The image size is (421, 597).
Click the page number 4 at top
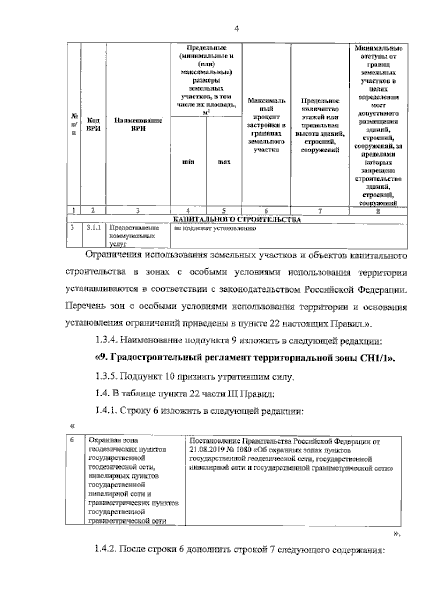click(236, 29)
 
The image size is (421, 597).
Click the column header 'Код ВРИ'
click(93, 125)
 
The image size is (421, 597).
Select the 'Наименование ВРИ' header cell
click(138, 125)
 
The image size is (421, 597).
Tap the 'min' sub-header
click(188, 162)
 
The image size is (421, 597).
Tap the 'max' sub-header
click(224, 162)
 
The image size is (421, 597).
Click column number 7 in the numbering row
click(320, 211)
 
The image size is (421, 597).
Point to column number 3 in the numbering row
click(138, 211)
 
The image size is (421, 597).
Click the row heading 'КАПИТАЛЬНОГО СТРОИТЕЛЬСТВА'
click(237, 220)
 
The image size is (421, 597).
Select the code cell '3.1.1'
click(94, 228)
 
